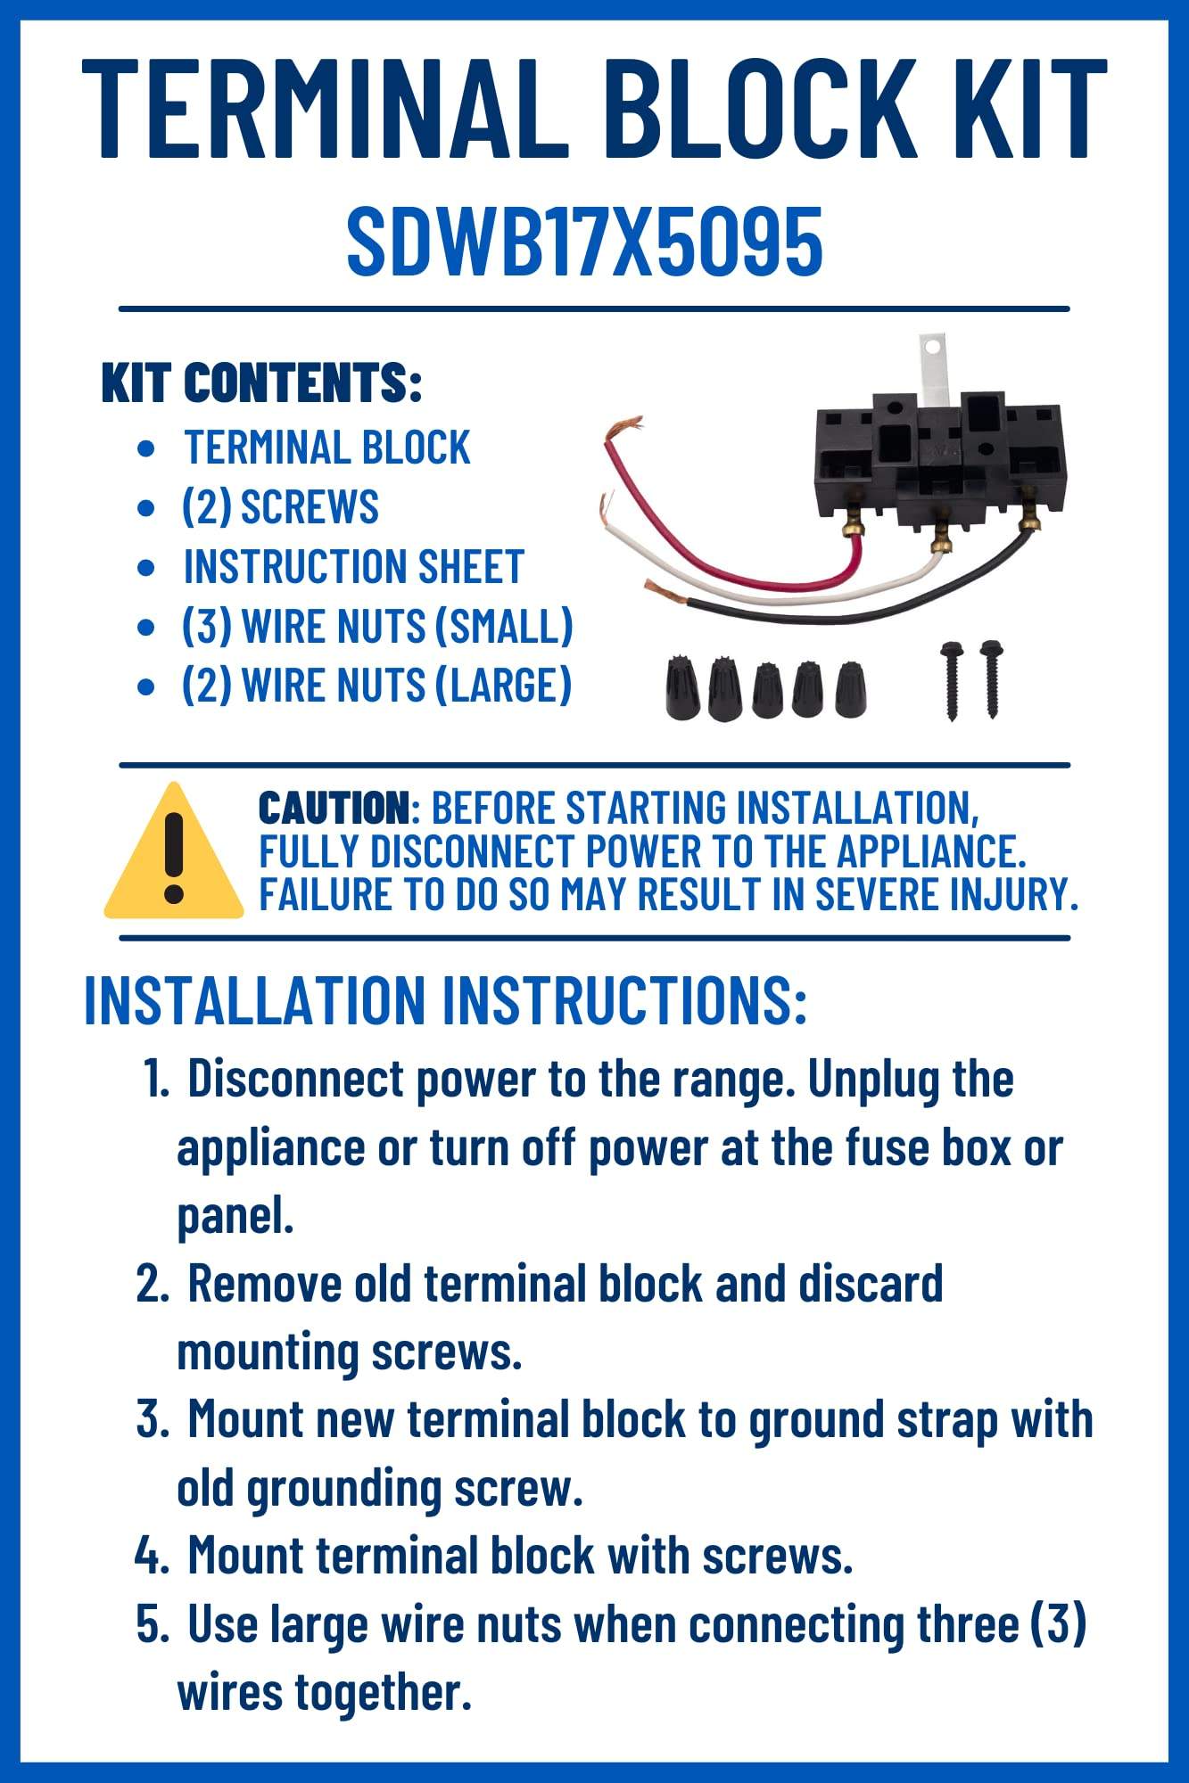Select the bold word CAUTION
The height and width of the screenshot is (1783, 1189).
pos(333,808)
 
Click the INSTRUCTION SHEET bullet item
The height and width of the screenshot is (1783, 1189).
pos(353,567)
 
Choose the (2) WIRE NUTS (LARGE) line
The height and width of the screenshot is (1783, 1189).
pos(376,686)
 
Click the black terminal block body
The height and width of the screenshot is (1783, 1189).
pos(928,455)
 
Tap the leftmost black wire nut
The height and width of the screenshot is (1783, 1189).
pos(681,688)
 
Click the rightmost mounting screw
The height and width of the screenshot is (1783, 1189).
pos(990,678)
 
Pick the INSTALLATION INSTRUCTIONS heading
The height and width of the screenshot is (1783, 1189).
pos(445,1000)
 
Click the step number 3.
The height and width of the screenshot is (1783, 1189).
pos(151,1418)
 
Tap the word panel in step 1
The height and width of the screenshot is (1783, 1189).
pos(234,1214)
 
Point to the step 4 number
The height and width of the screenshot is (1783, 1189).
pos(151,1556)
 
